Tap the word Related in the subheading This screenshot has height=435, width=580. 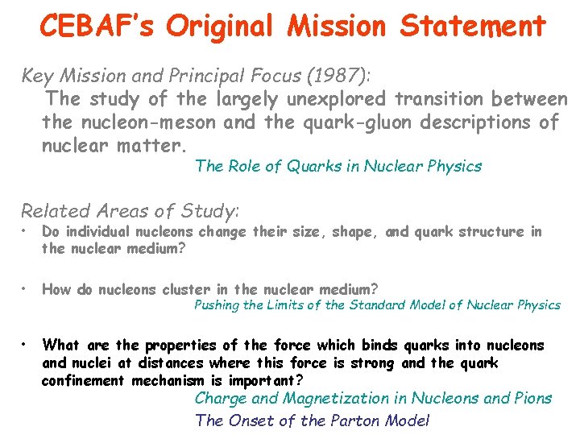[54, 211]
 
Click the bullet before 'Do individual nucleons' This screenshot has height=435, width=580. [25, 232]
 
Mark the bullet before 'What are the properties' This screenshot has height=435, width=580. [25, 346]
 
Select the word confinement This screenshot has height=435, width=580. [83, 380]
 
